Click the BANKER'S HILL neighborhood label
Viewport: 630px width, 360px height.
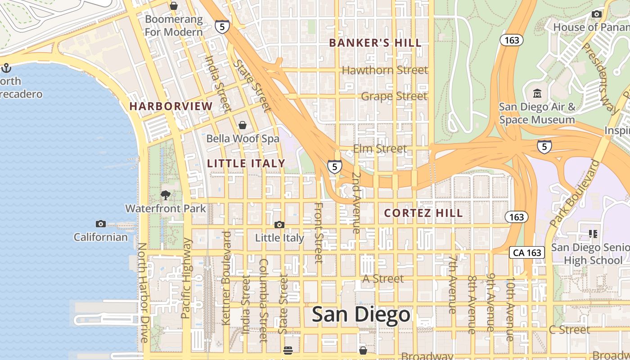tap(375, 43)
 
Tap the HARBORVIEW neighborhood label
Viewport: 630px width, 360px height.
tap(171, 107)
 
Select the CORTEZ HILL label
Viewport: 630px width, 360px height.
tap(423, 213)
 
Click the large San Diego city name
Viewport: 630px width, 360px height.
tap(361, 315)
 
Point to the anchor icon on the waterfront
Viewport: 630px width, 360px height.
tap(6, 68)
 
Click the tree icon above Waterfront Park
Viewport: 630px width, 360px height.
tap(166, 195)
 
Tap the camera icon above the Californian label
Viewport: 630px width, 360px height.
tap(101, 224)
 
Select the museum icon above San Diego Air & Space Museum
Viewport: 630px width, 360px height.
tap(537, 94)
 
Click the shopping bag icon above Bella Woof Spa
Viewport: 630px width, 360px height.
tap(243, 125)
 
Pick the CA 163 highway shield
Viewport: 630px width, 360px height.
tap(527, 252)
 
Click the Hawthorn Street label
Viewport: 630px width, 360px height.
tap(385, 70)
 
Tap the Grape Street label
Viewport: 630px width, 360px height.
tap(394, 96)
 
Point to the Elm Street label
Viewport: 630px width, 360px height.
tap(380, 149)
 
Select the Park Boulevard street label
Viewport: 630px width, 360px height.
tap(575, 193)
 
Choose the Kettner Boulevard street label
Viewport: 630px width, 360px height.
tap(226, 278)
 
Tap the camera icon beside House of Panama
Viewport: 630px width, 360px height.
tap(597, 14)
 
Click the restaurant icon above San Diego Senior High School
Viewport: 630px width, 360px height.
tap(593, 234)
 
